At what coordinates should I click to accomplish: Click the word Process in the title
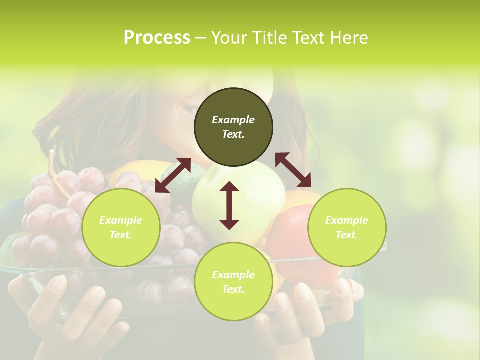(157, 37)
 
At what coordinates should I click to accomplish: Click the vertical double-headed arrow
(229, 205)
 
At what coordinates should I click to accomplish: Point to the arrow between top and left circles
(173, 175)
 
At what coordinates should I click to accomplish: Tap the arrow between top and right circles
(293, 170)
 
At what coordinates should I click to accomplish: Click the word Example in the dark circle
(233, 120)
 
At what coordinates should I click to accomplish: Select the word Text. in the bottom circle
(233, 289)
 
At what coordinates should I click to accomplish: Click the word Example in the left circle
(121, 220)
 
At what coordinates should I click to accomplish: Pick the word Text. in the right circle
(347, 235)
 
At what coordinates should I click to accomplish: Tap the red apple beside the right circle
(290, 240)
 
